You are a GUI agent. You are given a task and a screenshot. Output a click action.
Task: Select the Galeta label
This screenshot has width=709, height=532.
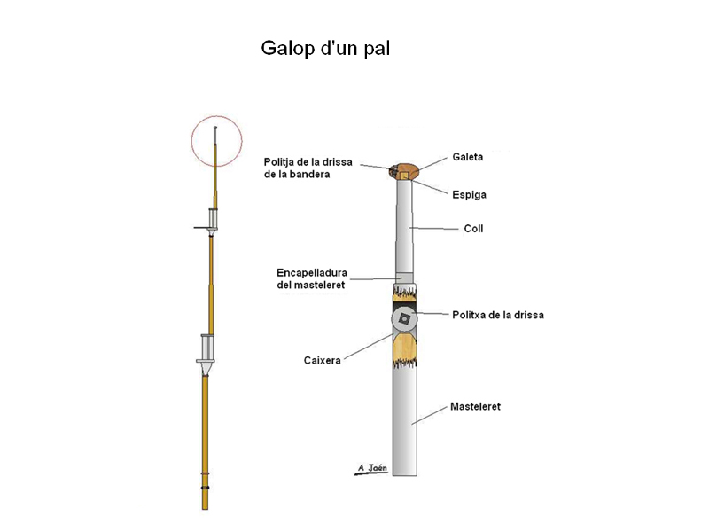(468, 157)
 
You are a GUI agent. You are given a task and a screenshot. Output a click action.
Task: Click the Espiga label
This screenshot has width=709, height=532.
(469, 193)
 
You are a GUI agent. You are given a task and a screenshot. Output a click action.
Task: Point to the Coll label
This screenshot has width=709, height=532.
(474, 229)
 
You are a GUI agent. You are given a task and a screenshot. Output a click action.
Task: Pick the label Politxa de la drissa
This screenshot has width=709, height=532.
(498, 315)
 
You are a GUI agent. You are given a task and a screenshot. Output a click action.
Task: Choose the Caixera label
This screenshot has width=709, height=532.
(323, 360)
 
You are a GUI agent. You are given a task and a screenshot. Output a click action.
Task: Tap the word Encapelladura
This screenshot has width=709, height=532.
(312, 271)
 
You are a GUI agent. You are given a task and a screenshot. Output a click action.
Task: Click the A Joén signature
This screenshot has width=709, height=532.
(371, 467)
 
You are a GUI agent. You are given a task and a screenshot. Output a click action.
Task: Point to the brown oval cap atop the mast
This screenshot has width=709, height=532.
(407, 168)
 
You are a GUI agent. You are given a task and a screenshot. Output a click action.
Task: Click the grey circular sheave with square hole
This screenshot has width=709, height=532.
(405, 318)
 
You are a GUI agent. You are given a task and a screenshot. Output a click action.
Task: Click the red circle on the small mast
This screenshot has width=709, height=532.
(216, 141)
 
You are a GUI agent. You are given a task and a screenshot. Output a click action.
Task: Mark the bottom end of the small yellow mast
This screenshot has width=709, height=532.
(205, 506)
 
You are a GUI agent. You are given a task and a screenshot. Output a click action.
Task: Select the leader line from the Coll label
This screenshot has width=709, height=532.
(435, 229)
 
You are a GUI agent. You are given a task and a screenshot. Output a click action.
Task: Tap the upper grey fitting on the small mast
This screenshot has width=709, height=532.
(212, 220)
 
